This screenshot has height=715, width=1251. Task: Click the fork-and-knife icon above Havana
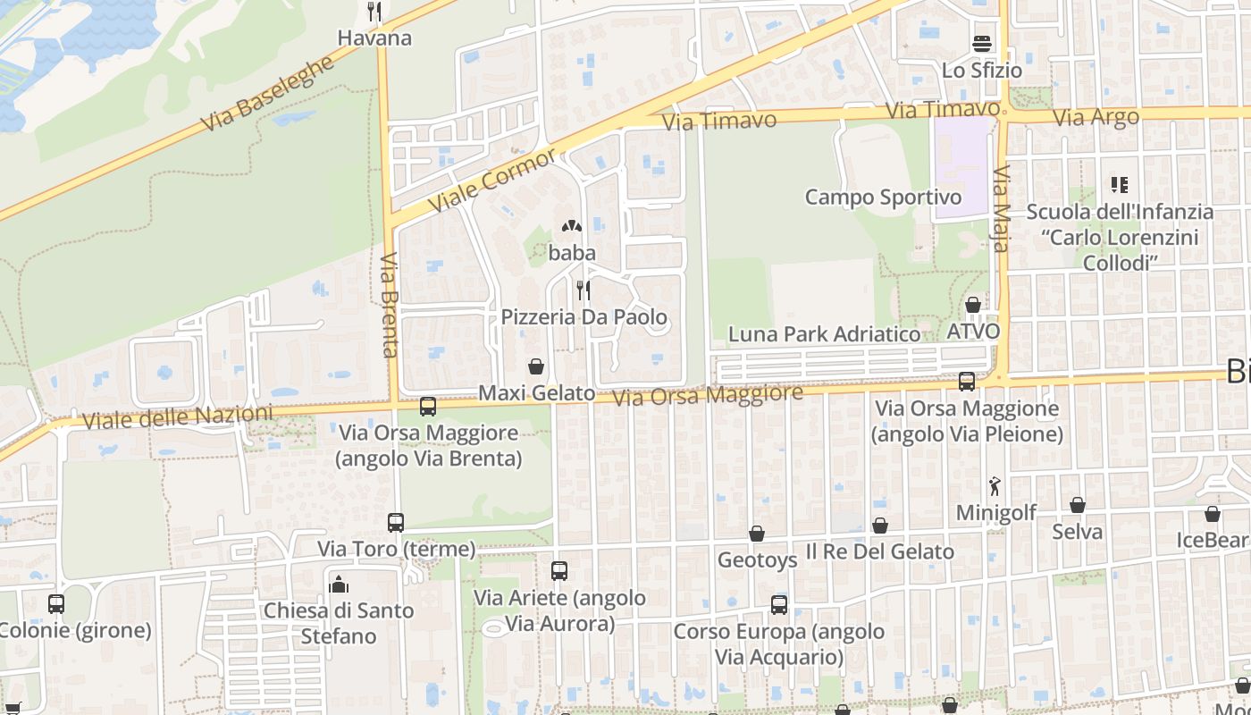click(x=375, y=12)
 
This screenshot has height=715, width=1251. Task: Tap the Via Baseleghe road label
click(x=267, y=93)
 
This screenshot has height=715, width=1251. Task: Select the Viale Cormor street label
click(x=491, y=180)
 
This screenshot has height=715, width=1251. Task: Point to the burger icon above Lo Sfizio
click(x=982, y=44)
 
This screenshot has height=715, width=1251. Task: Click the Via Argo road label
click(x=1096, y=117)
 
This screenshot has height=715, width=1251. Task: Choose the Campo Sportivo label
click(x=883, y=197)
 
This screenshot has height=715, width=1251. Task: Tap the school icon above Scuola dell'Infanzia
click(x=1120, y=185)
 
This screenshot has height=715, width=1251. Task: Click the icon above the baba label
click(x=572, y=227)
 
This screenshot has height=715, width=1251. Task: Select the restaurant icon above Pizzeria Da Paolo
click(x=584, y=290)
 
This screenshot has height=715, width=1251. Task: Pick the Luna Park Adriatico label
click(x=824, y=334)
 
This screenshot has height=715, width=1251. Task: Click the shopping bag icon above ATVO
click(x=973, y=306)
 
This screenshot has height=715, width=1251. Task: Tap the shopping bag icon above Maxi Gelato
click(x=536, y=366)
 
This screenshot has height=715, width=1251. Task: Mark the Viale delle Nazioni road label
click(x=177, y=416)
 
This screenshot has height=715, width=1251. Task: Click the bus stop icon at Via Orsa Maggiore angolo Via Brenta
click(x=428, y=407)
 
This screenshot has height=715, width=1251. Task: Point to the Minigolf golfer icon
click(x=995, y=487)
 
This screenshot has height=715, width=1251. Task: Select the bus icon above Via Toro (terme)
click(x=396, y=523)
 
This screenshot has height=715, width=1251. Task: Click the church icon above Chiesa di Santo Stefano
click(x=339, y=585)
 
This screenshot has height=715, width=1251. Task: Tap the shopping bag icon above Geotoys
click(x=757, y=534)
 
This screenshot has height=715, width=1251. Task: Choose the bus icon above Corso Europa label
click(x=779, y=605)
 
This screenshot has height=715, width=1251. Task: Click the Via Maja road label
click(x=1001, y=208)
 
